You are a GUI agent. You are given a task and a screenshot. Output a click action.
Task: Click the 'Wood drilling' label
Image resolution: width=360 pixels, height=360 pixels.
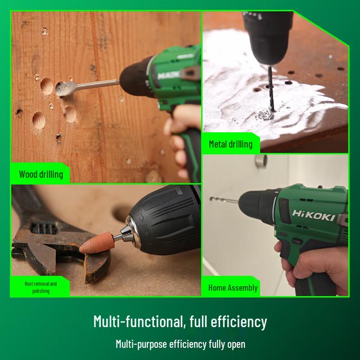[40, 174]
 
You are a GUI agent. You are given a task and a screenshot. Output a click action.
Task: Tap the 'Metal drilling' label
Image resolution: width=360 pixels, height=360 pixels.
[230, 144]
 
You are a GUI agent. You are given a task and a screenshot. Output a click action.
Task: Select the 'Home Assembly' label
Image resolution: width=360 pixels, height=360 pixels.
[233, 288]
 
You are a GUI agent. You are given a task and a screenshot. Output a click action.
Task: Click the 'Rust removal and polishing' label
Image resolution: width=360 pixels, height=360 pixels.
[40, 287]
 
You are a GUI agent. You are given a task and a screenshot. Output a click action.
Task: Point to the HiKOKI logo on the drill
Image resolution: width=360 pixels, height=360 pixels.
[313, 215]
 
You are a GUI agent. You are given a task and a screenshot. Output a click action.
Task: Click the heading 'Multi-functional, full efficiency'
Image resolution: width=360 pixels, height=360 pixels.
[180, 322]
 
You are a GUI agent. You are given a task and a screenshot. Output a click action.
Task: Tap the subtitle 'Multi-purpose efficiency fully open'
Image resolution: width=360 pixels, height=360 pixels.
[180, 344]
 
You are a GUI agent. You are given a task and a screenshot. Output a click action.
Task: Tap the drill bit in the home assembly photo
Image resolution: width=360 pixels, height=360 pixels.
[223, 199]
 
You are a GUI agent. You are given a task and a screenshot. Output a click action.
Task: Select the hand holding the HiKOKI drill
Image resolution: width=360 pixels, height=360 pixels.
[310, 265]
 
